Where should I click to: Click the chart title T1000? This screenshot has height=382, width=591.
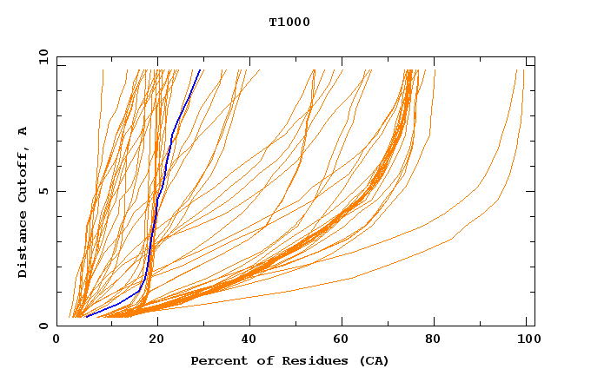tap(289, 22)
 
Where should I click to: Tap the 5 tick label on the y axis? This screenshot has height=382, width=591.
tap(43, 191)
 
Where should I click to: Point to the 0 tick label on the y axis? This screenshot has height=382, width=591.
tap(43, 326)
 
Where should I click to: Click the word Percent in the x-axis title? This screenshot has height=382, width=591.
tap(217, 360)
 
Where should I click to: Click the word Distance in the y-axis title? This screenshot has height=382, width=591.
tap(23, 247)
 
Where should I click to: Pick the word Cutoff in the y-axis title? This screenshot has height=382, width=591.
tap(23, 176)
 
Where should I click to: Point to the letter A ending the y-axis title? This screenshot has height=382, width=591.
tap(23, 131)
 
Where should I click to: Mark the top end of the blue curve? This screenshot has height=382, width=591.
tap(200, 70)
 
